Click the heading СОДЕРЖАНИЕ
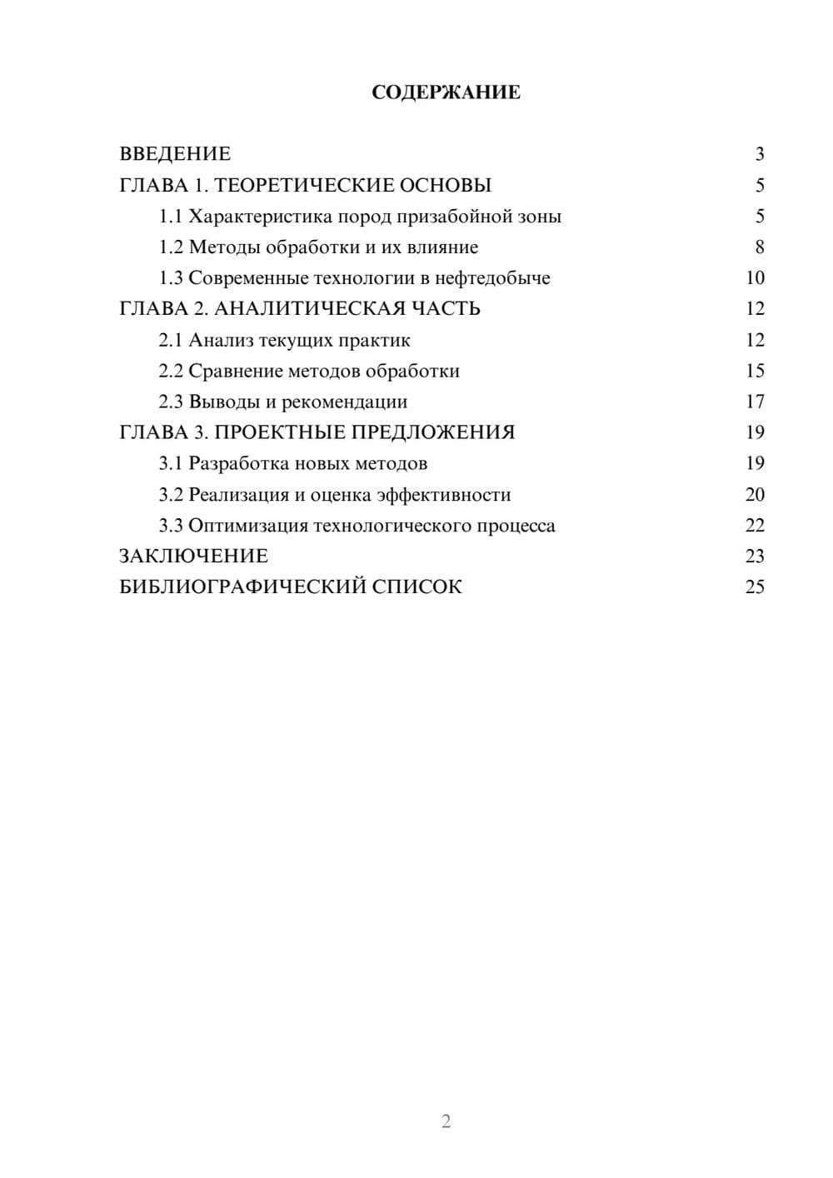tap(446, 92)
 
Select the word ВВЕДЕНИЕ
tap(175, 154)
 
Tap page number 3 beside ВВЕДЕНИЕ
tap(759, 154)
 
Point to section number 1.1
tap(171, 217)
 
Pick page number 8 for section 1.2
tap(759, 247)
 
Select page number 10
tap(755, 278)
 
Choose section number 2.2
tap(171, 371)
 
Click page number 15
tap(755, 371)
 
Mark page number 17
tap(755, 402)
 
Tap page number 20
tap(755, 495)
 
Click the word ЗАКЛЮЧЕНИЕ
tap(194, 556)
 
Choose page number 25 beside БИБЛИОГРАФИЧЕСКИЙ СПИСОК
tap(755, 587)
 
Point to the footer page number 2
tap(446, 1121)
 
